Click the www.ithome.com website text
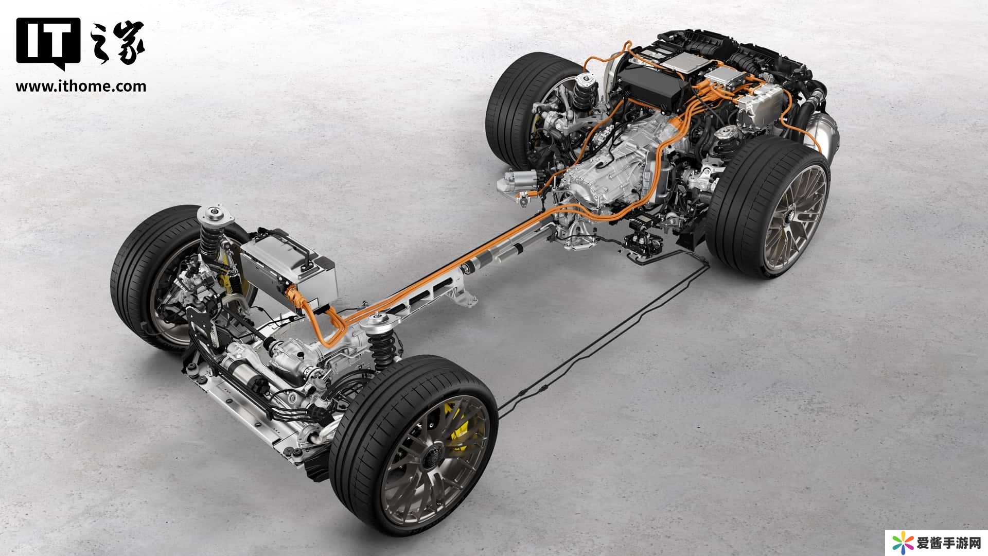(x=81, y=86)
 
